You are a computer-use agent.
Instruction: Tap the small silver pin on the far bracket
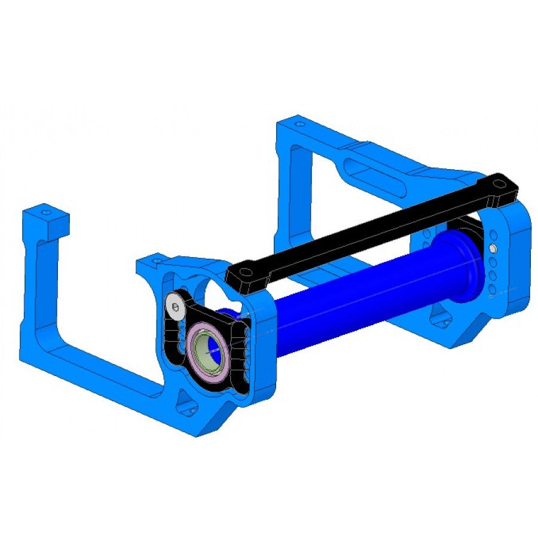click(x=492, y=247)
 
